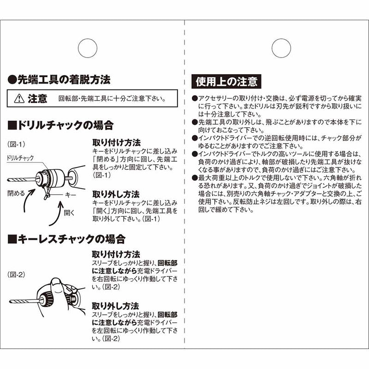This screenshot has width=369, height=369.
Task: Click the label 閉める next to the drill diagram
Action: [x=16, y=193]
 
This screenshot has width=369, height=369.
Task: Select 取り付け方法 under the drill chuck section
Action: [x=116, y=142]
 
